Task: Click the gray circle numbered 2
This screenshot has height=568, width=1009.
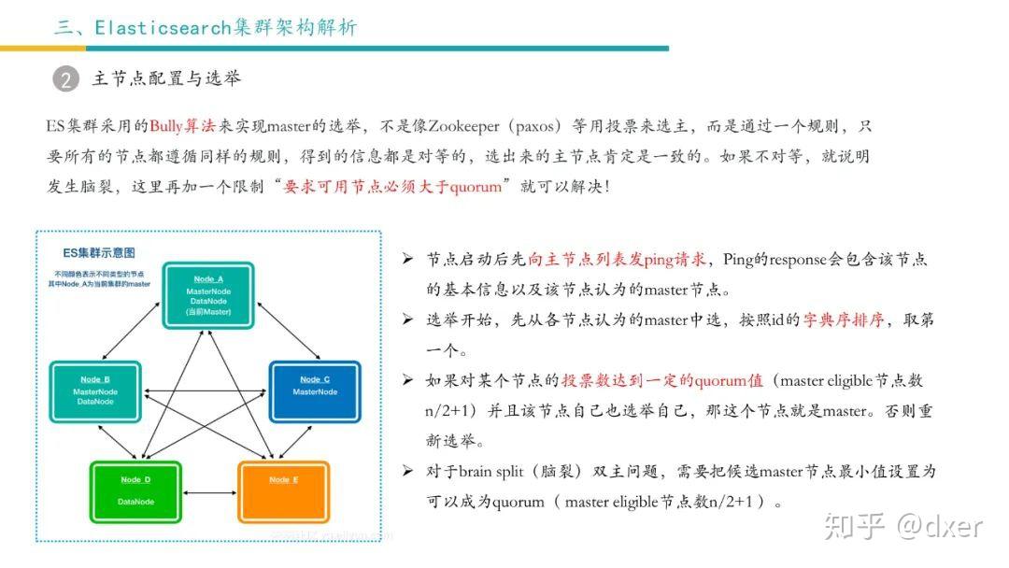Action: point(65,79)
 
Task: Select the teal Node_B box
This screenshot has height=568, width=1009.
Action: point(94,391)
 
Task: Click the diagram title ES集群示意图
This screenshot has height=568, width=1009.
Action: point(99,253)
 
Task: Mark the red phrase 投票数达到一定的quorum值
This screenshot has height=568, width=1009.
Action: point(661,380)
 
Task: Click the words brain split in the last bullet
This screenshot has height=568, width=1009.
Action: point(494,471)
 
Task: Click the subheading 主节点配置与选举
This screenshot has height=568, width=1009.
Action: point(166,78)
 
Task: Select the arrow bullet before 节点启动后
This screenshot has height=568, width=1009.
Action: point(407,259)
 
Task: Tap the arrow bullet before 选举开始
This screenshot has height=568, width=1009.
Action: point(407,319)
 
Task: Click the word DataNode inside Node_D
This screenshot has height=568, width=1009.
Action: point(135,502)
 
